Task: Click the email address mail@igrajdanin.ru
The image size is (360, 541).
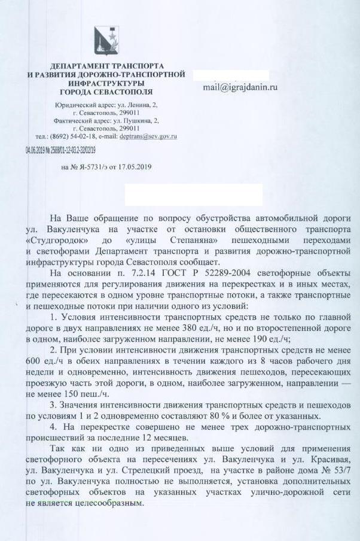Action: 240,87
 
